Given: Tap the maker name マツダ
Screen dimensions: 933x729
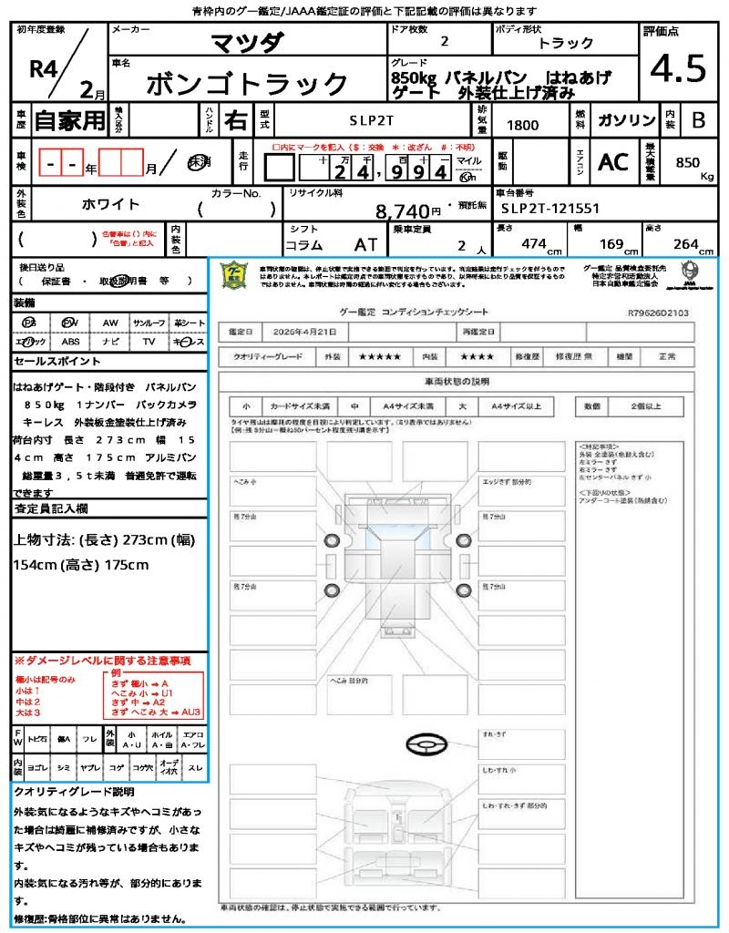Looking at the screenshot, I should click(247, 43).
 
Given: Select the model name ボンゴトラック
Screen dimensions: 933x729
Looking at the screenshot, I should click(247, 84).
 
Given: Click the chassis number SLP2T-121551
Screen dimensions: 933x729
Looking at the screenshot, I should click(550, 209).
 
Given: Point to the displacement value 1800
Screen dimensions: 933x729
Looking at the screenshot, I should click(522, 125).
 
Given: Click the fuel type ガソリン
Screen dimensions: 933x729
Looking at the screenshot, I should click(626, 120).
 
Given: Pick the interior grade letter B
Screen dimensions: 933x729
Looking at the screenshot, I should click(698, 120).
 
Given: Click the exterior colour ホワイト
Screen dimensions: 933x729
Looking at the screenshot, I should click(111, 204).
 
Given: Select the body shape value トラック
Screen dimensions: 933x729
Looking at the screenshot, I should click(566, 43).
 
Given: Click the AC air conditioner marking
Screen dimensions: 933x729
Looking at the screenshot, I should click(613, 162).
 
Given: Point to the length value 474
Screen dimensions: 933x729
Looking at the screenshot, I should click(528, 243).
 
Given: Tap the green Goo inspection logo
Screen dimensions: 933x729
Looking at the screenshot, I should click(234, 276).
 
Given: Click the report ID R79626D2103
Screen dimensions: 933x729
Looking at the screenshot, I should click(658, 313).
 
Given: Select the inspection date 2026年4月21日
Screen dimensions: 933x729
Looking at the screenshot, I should click(302, 332).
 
